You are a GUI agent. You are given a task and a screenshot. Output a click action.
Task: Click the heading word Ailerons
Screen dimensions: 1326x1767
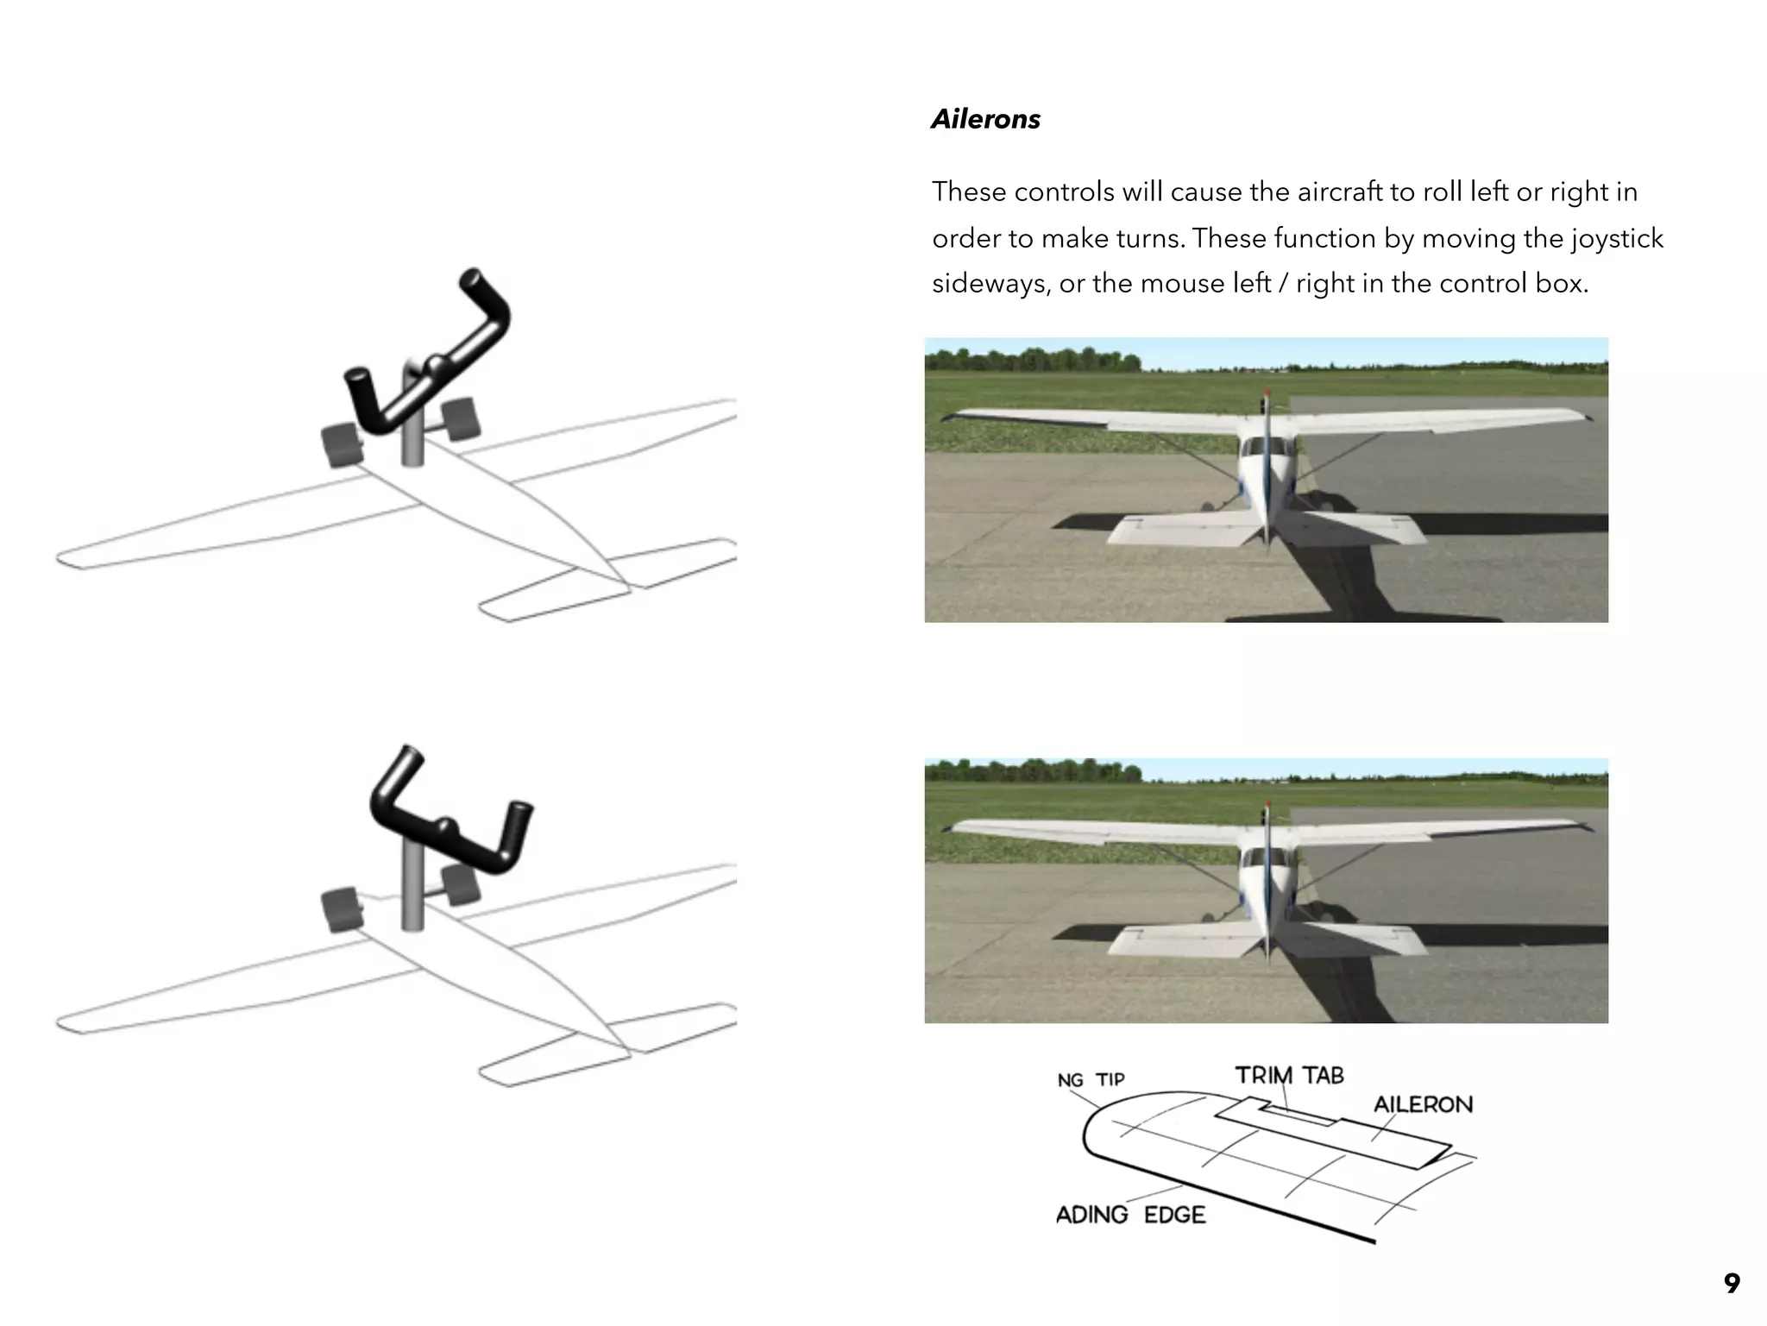985,119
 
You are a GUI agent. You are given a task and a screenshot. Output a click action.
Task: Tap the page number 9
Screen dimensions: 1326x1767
1731,1283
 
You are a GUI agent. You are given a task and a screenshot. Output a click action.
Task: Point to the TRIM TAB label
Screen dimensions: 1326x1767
1289,1075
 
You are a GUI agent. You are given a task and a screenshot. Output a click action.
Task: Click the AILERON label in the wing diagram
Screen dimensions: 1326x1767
1423,1104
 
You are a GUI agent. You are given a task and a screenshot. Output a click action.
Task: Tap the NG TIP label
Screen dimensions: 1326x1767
1091,1080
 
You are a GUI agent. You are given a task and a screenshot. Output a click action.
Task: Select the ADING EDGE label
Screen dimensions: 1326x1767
1130,1215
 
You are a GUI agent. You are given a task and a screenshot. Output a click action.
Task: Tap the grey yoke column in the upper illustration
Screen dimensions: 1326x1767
412,440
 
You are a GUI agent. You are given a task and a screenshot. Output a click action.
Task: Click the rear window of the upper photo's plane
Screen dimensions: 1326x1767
1266,448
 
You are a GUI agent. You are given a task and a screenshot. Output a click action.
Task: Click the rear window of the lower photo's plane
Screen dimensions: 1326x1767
1266,858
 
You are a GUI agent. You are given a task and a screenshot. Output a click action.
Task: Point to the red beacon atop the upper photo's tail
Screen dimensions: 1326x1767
1267,393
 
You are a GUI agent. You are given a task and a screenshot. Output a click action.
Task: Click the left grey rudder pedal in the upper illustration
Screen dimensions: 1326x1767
342,445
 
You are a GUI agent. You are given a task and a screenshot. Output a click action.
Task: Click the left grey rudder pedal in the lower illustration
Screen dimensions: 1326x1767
342,909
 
